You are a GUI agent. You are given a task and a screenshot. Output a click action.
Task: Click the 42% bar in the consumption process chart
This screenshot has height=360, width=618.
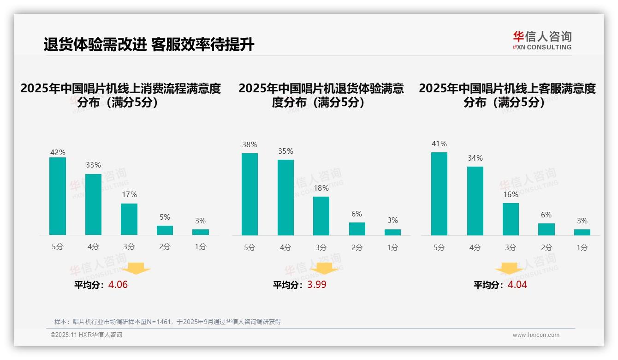point(58,196)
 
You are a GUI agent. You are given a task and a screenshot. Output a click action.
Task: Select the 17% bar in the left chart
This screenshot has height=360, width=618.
point(129,219)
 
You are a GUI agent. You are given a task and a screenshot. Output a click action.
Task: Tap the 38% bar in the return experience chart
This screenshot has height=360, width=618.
point(250,194)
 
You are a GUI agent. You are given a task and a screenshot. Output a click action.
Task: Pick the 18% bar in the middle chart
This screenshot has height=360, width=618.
point(321,216)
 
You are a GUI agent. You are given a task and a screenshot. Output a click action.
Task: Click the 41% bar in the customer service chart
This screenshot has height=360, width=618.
point(439,194)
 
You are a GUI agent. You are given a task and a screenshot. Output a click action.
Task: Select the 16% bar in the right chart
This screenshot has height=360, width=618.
point(511,219)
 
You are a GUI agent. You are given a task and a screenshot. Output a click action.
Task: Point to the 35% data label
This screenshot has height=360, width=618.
point(285,151)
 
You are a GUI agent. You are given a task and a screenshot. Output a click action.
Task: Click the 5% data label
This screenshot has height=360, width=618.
point(165,217)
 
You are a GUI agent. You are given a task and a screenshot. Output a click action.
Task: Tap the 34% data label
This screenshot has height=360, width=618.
point(475,158)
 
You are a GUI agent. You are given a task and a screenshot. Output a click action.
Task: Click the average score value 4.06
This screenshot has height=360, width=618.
point(118,285)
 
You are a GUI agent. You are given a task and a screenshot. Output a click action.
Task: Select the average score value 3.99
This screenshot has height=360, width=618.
point(317,285)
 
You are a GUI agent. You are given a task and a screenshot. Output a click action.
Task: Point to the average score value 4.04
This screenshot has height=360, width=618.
point(517,285)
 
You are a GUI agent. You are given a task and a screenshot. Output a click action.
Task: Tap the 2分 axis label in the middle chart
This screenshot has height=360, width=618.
point(357,248)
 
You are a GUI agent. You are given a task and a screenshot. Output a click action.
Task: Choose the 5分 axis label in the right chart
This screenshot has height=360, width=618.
point(439,248)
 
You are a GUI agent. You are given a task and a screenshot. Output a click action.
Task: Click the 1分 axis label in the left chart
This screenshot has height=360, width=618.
point(201,247)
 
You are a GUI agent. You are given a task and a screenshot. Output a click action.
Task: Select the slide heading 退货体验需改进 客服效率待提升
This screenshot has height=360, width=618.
point(149,45)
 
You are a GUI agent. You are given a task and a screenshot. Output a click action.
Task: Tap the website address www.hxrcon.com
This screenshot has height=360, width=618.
point(536,335)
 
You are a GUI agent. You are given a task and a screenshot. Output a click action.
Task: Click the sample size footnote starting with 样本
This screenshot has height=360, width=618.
point(167,322)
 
